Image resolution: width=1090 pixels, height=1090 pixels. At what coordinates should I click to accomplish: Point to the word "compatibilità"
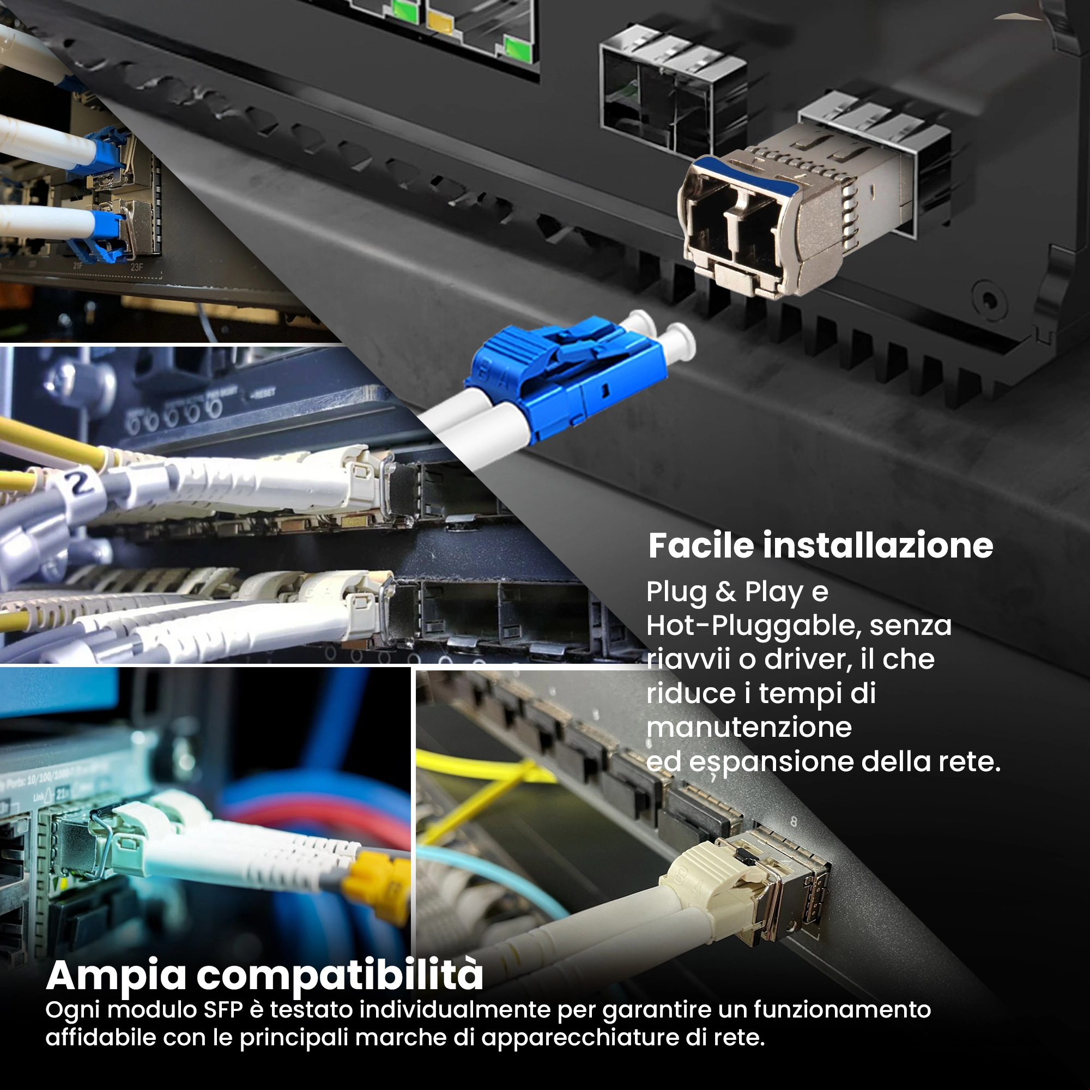pos(340,975)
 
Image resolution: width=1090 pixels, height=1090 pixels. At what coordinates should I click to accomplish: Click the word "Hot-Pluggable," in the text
pos(754,626)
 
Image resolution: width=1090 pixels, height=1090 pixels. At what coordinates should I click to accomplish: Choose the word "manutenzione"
pos(749,727)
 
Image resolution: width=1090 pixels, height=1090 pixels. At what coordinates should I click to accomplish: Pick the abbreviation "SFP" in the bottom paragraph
pos(223,1010)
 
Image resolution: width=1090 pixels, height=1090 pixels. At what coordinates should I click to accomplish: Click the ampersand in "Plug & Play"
pos(725,592)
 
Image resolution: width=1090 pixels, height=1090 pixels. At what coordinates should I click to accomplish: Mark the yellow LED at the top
pos(440,21)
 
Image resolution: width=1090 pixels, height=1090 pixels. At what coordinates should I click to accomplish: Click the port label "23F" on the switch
pos(137,268)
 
